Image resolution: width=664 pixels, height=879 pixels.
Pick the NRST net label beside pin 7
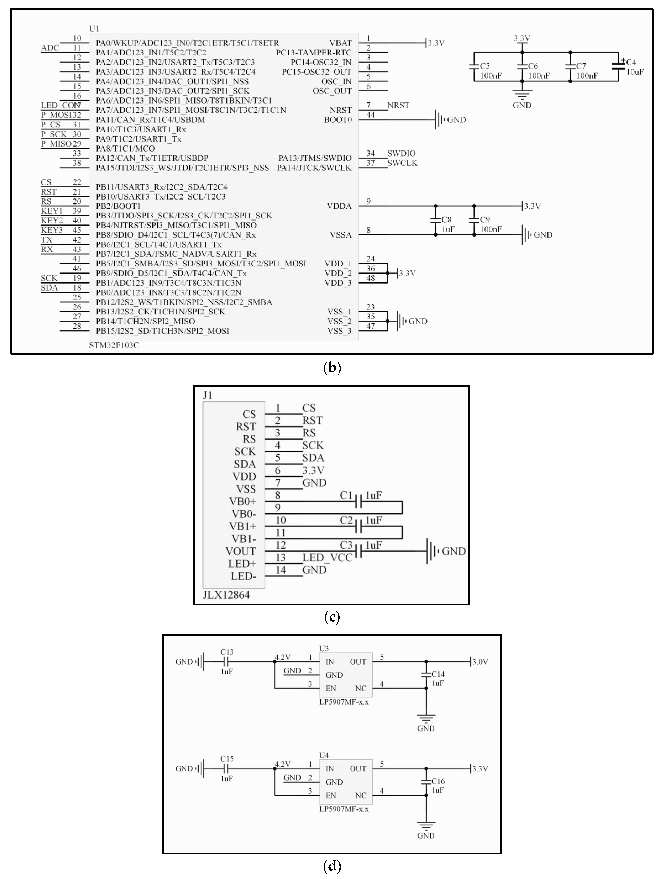coord(398,105)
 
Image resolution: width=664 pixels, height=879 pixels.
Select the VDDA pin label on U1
coord(339,206)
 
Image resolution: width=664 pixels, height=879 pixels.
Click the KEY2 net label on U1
coord(52,221)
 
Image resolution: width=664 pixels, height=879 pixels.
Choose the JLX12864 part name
coord(226,595)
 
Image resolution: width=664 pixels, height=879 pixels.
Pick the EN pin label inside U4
coord(331,795)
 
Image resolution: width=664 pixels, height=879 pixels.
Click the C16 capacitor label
coord(438,781)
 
